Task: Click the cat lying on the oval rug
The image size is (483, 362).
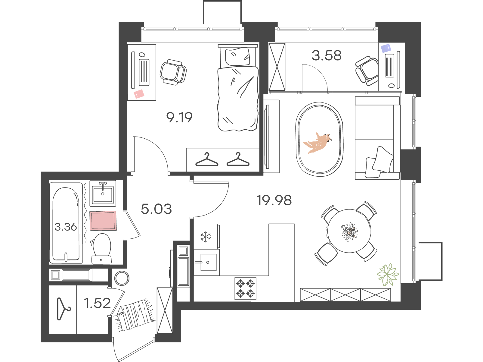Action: tap(317, 143)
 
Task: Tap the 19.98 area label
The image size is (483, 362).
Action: tap(274, 200)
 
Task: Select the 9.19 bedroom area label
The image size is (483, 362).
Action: tap(179, 117)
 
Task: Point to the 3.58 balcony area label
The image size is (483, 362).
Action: tap(327, 55)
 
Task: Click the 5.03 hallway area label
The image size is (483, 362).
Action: tap(156, 209)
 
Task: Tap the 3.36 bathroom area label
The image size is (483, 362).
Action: tap(66, 227)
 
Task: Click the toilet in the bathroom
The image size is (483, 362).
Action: tap(101, 249)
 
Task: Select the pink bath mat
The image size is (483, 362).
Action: tap(103, 221)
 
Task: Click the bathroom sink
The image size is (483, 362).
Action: tap(103, 193)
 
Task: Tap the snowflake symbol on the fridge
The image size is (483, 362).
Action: tap(206, 237)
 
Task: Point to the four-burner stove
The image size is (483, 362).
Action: tap(245, 288)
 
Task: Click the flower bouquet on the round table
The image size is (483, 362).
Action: tap(349, 231)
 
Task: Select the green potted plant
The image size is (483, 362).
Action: tap(388, 274)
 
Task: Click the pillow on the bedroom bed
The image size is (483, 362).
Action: tap(238, 57)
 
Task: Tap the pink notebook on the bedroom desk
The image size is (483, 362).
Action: tap(139, 94)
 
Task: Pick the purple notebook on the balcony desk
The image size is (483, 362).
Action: tap(386, 48)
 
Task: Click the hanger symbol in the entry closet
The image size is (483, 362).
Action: tap(63, 309)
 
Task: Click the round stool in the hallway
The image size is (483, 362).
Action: tap(122, 278)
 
